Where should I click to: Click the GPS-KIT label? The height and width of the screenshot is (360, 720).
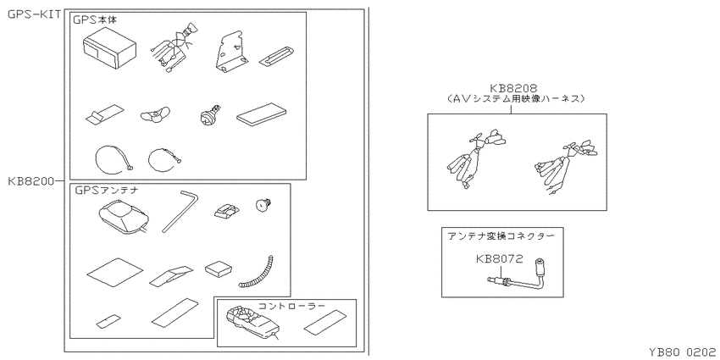click(x=35, y=14)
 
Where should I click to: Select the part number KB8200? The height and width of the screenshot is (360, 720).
click(x=31, y=181)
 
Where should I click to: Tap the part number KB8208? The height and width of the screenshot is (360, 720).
click(x=513, y=88)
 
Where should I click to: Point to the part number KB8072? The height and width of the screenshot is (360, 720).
click(x=499, y=259)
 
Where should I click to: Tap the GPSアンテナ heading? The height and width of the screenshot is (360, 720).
click(x=102, y=190)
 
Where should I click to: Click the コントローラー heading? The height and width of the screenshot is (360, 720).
click(x=291, y=306)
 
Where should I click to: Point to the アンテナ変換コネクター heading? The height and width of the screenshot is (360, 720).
click(x=501, y=235)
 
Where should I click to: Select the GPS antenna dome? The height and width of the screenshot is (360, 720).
click(x=123, y=218)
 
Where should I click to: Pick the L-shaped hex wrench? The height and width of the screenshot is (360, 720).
click(x=180, y=211)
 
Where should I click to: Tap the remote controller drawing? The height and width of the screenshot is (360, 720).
click(x=252, y=323)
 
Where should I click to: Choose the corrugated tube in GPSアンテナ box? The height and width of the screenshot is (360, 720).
click(x=256, y=272)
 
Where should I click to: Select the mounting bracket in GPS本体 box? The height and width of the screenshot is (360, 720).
click(x=231, y=52)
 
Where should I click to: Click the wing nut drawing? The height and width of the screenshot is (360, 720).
click(x=155, y=114)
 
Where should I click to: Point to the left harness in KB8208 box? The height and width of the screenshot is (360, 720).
click(x=474, y=158)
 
